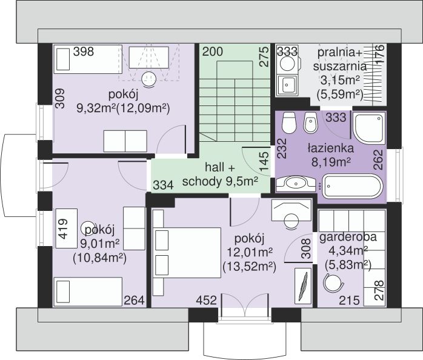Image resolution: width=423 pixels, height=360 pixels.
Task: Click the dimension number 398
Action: [x=84, y=52]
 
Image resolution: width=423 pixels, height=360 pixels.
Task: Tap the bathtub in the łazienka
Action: [x=353, y=186]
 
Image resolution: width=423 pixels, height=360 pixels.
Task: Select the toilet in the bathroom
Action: [x=289, y=123]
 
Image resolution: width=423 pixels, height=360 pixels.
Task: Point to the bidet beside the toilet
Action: [x=311, y=123]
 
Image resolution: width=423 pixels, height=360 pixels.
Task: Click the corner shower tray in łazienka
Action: [x=369, y=128]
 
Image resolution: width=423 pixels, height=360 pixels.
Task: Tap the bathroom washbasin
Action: [x=296, y=184]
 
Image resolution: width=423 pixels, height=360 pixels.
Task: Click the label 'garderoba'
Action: [x=348, y=237]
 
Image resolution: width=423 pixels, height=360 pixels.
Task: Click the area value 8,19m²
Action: [x=331, y=162]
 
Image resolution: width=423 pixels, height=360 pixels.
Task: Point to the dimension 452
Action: [x=207, y=300]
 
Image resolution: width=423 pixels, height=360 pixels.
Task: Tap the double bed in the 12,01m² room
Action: [x=187, y=253]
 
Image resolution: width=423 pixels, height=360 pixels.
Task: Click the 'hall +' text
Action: [x=220, y=167]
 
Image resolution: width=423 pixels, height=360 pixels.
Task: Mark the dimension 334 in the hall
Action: [x=163, y=185]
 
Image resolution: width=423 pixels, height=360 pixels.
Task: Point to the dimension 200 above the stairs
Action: [x=213, y=52]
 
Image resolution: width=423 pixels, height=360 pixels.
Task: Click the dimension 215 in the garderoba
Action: [x=349, y=300]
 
